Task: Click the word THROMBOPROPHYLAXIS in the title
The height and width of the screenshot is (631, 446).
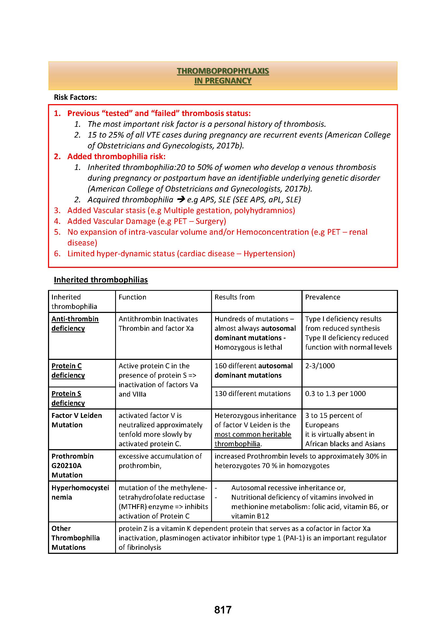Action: [223, 71]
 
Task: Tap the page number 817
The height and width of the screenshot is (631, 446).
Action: [223, 610]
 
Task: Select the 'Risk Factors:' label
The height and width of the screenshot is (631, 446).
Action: [75, 97]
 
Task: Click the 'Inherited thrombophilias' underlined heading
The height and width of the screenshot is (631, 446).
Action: [101, 279]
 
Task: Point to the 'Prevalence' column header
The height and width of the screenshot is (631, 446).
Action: [323, 297]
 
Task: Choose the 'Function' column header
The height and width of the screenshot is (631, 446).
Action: [132, 297]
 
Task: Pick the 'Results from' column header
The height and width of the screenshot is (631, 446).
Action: [234, 297]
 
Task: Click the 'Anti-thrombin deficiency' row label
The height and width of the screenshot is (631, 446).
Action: [75, 323]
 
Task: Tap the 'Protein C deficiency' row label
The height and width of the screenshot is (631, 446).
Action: [68, 370]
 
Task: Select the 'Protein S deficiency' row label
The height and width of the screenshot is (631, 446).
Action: [68, 398]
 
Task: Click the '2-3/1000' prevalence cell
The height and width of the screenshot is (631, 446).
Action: [320, 366]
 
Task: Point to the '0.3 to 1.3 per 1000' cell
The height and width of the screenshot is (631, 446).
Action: [335, 394]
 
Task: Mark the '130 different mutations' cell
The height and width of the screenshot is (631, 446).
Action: [252, 394]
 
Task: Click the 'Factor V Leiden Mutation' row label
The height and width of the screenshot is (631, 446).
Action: [76, 420]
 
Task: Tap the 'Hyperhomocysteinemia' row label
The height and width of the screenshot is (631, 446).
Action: [80, 493]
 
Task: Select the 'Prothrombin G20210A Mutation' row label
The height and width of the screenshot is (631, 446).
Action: [72, 466]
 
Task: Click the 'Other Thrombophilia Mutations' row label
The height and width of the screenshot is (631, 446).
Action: [75, 538]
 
